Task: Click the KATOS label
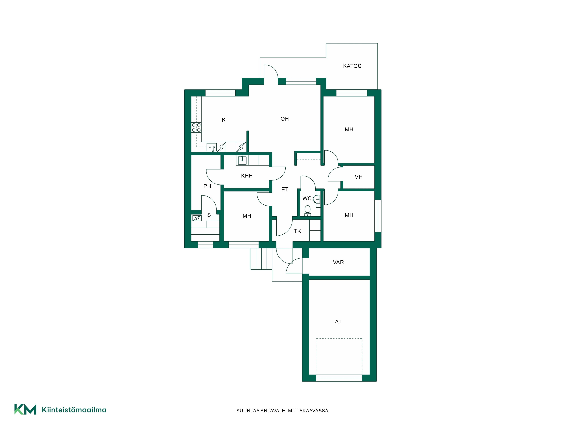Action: click(x=352, y=66)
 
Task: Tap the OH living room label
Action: click(x=285, y=119)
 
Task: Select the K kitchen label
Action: click(x=224, y=120)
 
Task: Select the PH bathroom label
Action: click(x=207, y=186)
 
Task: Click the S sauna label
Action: click(x=209, y=215)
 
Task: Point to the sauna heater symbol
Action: click(x=197, y=218)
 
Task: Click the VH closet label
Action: click(x=358, y=177)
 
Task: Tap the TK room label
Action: click(x=297, y=231)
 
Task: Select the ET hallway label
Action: click(x=285, y=190)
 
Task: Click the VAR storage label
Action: click(x=338, y=262)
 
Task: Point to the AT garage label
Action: click(x=338, y=322)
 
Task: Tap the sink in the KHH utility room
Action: click(x=242, y=160)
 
